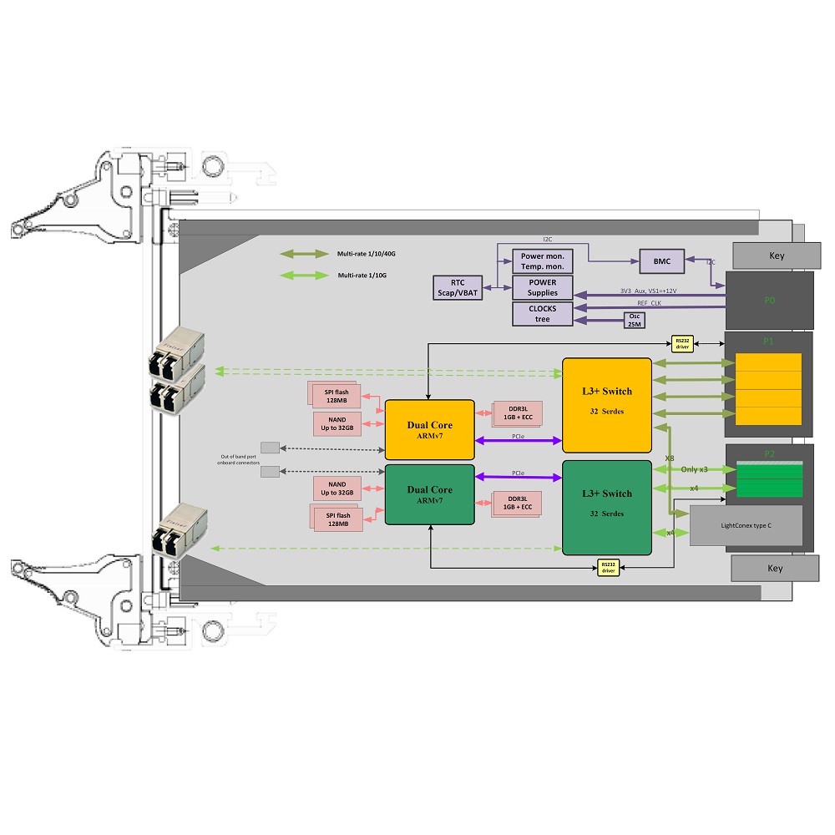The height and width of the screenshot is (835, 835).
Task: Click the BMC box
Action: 661,261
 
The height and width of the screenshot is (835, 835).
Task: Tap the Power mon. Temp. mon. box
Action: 542,261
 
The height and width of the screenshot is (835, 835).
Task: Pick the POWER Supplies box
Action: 542,287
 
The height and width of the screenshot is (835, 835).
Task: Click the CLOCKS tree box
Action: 542,314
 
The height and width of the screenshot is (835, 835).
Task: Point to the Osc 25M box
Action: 635,320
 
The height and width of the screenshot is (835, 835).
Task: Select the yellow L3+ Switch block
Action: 606,407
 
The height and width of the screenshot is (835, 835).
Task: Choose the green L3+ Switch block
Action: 606,507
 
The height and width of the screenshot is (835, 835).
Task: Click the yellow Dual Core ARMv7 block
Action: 429,429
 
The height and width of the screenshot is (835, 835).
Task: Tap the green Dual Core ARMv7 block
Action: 429,494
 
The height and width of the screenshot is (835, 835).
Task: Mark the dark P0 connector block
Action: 769,300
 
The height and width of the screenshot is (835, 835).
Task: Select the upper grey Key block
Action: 776,256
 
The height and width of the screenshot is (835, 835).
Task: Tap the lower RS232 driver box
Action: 608,568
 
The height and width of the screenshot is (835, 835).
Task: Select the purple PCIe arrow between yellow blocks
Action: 518,440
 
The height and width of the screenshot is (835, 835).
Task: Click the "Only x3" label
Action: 695,470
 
